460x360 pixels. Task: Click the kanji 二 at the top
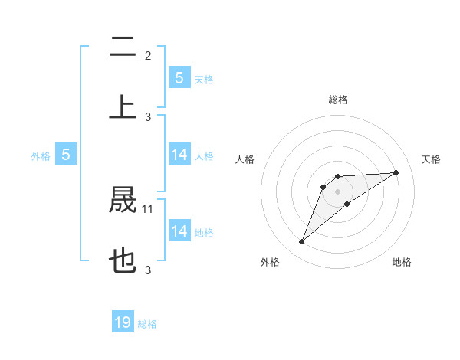coord(123,47)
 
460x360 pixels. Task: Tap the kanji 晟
coord(123,200)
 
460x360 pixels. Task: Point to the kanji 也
coord(123,261)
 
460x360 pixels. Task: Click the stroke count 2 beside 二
coord(148,55)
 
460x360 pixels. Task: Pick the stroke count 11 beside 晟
coord(149,208)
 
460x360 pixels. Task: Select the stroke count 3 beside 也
coord(148,270)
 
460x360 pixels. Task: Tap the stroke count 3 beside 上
coord(148,116)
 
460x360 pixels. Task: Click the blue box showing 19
coord(123,322)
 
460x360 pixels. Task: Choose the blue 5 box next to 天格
coord(179,77)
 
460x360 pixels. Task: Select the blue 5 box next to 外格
coord(66,155)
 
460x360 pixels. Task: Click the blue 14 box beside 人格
coord(179,155)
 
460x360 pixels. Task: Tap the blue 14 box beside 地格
coord(179,231)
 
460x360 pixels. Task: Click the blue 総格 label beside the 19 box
coord(147,324)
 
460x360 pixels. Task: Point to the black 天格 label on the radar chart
coord(431,159)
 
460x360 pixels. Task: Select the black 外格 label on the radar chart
coord(270,262)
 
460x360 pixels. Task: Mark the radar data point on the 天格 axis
coord(396,172)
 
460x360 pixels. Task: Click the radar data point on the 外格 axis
coord(302,242)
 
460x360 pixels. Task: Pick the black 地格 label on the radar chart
coord(402,262)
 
